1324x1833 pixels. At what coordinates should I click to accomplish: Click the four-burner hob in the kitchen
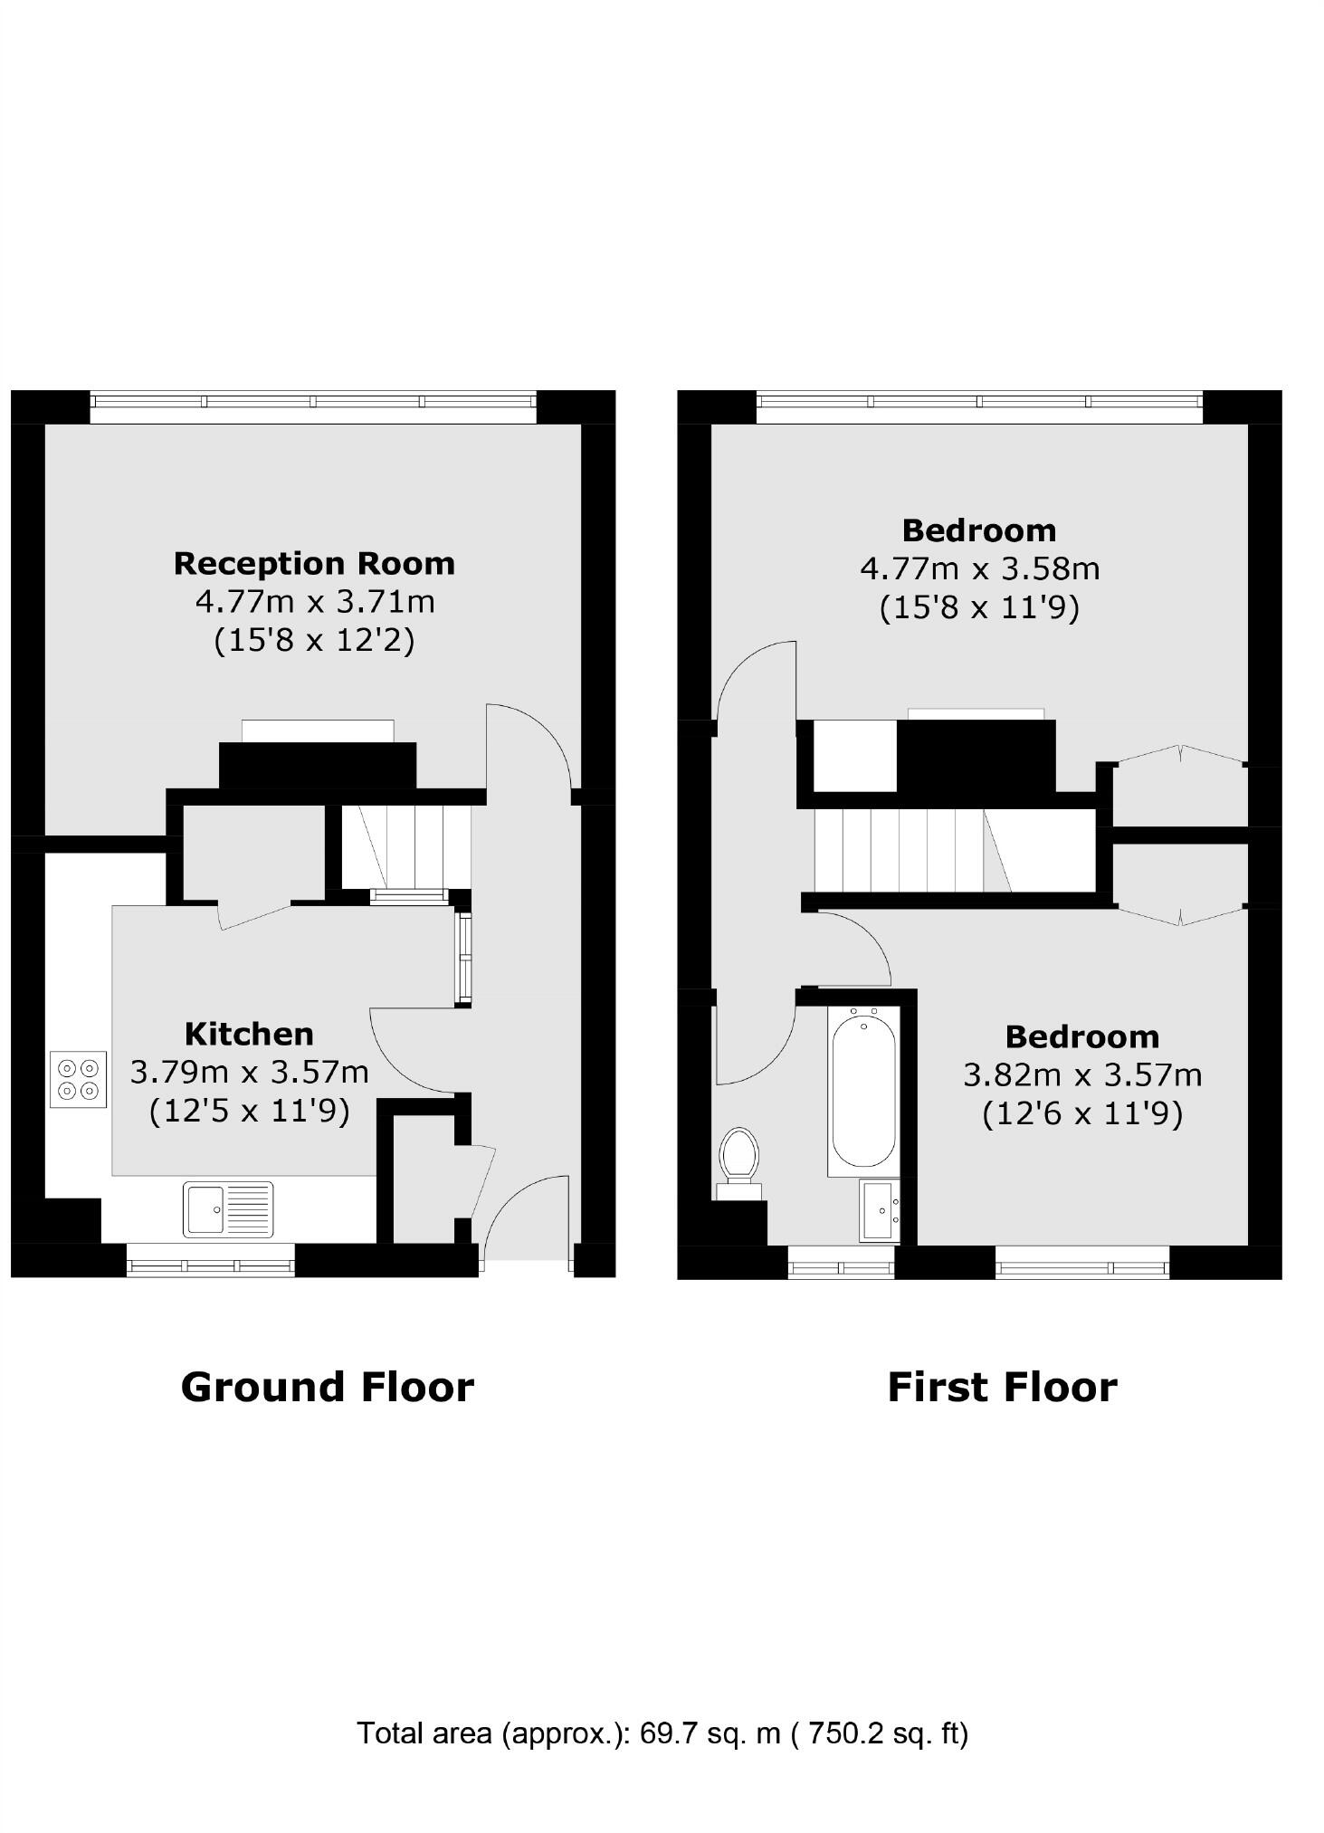click(79, 1079)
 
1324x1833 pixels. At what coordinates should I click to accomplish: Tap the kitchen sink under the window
click(228, 1209)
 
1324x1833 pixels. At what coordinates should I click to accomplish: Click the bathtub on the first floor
click(863, 1091)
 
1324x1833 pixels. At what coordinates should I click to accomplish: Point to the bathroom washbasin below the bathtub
click(880, 1210)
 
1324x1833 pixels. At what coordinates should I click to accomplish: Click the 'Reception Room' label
click(314, 564)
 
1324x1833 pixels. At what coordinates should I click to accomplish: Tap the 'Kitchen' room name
click(249, 1034)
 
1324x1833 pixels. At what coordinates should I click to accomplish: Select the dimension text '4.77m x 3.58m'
click(979, 568)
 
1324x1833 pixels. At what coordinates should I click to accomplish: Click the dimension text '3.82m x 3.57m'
click(1082, 1075)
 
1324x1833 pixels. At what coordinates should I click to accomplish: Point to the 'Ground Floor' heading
click(328, 1387)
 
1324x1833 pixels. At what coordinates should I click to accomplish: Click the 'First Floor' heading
click(1002, 1387)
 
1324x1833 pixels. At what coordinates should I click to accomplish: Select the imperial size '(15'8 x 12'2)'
click(314, 641)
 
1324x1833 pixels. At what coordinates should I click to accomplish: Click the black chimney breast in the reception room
click(318, 765)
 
